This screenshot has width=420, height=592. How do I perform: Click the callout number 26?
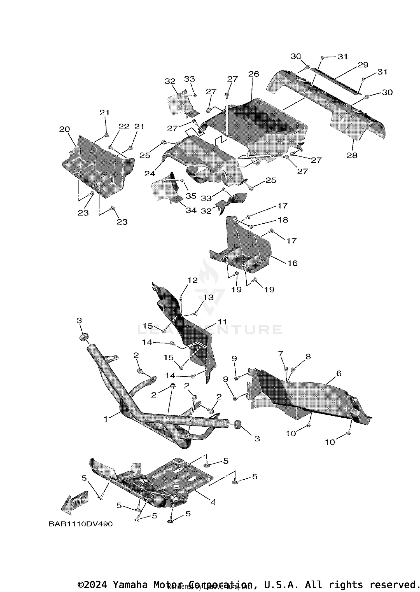tap(253, 74)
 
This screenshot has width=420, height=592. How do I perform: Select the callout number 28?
tap(352, 155)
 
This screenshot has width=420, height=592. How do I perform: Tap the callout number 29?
tap(363, 65)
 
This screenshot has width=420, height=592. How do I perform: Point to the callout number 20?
tap(64, 129)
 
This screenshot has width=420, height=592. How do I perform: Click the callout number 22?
tap(124, 127)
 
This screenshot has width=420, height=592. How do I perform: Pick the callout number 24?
tap(150, 174)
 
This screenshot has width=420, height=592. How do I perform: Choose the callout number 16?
tap(292, 263)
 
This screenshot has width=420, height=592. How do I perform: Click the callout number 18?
tap(283, 220)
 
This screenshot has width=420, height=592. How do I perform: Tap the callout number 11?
tap(223, 322)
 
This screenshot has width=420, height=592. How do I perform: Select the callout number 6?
tap(339, 373)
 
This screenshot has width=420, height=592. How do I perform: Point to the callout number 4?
tap(213, 502)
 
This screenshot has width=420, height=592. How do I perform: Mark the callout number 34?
tap(191, 210)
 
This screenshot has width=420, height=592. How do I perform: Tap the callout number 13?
tap(208, 297)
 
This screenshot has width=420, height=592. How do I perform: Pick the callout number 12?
tap(192, 280)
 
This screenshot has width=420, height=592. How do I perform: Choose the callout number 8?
tap(308, 356)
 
